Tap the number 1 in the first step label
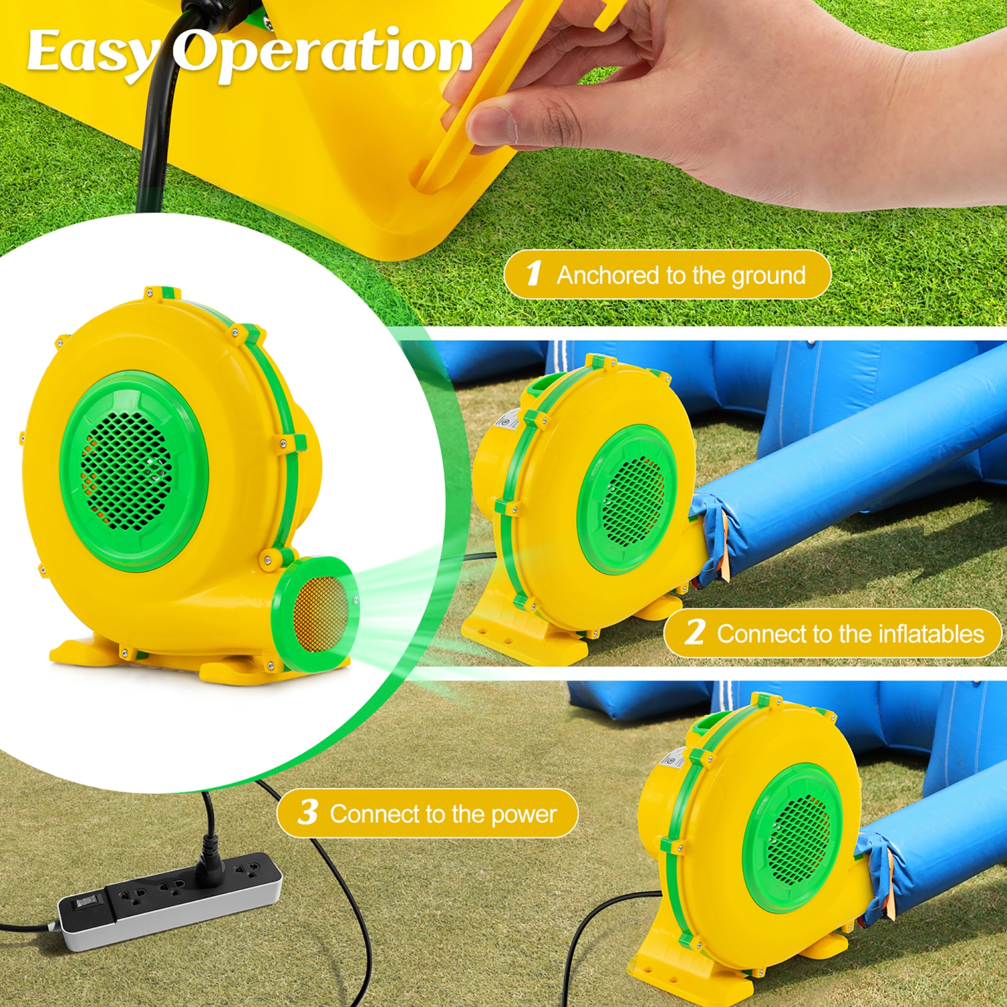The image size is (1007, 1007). [x=533, y=273]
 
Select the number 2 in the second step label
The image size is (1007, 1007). [x=695, y=632]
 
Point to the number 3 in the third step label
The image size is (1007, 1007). [x=307, y=812]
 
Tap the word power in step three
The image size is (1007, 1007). [x=524, y=814]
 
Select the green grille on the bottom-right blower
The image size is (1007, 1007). [x=796, y=839]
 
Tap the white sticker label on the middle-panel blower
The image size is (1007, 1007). [x=503, y=420]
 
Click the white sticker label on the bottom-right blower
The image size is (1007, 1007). [x=671, y=759]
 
